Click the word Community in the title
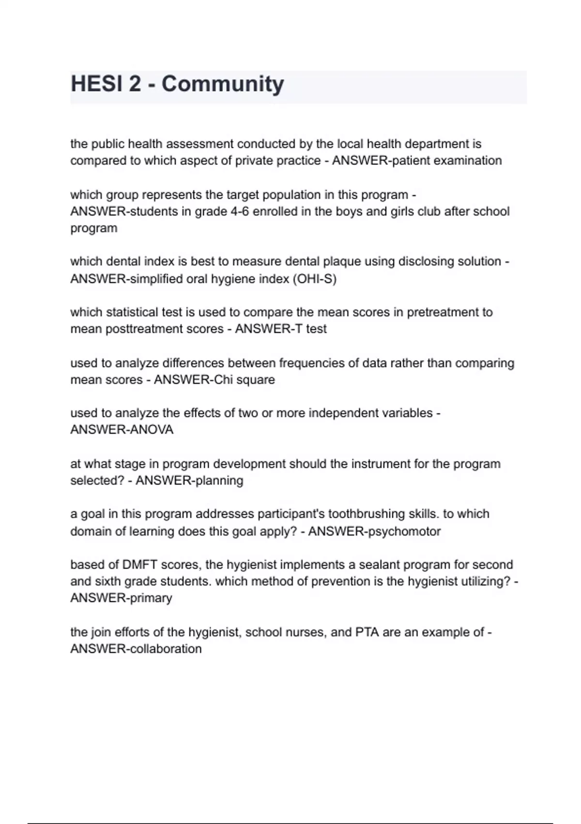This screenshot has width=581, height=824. pos(223,84)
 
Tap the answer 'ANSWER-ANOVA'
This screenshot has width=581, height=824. pos(122,430)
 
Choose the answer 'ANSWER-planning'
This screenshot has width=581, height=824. pos(189,481)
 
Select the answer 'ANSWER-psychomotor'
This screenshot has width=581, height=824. pos(374,531)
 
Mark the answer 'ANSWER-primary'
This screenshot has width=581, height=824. pos(121,598)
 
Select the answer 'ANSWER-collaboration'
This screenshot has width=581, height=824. pos(136,649)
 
